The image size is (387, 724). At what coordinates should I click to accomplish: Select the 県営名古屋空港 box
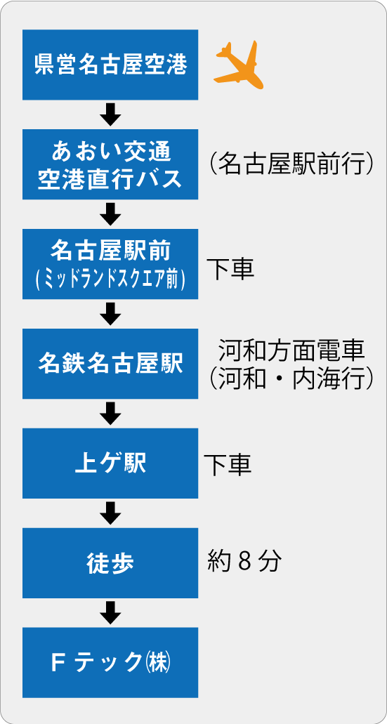click(110, 65)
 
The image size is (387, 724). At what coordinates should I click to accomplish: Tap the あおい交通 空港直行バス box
click(110, 164)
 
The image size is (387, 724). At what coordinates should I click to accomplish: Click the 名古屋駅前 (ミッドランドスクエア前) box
click(110, 264)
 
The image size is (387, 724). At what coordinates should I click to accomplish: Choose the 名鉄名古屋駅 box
click(110, 364)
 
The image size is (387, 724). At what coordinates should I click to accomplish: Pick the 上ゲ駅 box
click(110, 463)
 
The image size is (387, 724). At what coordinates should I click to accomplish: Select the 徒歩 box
click(110, 563)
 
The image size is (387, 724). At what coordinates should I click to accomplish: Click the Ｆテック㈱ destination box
click(110, 663)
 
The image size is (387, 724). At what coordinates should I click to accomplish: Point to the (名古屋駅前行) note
click(291, 163)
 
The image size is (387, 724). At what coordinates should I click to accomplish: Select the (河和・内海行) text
click(291, 379)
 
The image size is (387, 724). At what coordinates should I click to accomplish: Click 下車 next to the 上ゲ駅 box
click(228, 466)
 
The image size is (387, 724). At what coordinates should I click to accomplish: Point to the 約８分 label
click(244, 561)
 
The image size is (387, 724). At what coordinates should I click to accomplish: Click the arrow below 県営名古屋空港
click(110, 114)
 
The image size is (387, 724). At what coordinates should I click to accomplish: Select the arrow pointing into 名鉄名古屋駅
click(110, 314)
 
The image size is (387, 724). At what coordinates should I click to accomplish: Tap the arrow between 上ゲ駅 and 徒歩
click(110, 513)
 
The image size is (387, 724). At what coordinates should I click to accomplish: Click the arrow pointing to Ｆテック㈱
click(110, 613)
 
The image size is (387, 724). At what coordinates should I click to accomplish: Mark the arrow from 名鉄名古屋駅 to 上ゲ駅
click(110, 414)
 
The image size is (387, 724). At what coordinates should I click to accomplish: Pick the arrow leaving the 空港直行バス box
click(110, 214)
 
